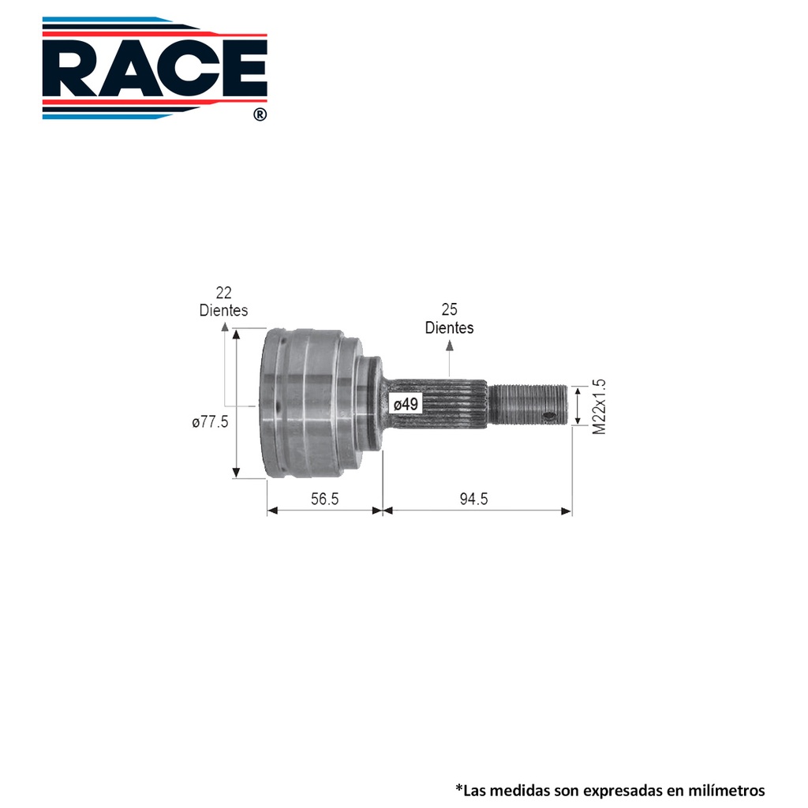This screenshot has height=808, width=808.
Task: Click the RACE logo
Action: coord(155,68)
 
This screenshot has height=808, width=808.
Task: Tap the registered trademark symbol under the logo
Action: coord(260,114)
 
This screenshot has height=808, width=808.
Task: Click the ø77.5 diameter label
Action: coord(210,422)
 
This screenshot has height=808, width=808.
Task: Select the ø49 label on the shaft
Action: coord(406,404)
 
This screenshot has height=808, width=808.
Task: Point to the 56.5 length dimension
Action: coord(324,499)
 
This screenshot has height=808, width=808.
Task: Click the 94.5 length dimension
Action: coord(473,499)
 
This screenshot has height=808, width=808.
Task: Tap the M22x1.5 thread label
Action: coord(599,406)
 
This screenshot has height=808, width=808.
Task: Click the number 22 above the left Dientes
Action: coord(223,293)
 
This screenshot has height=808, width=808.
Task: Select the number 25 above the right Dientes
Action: coord(449,309)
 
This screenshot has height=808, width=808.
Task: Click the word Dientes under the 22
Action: coord(223,310)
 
